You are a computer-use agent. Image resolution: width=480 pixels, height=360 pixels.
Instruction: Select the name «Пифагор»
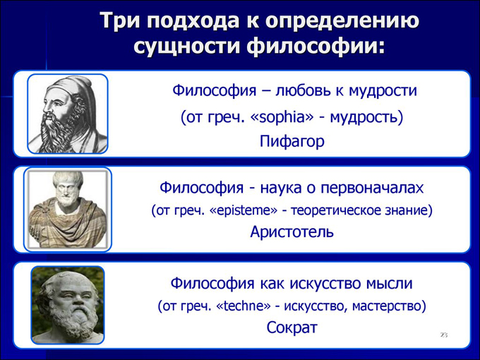(x=292, y=141)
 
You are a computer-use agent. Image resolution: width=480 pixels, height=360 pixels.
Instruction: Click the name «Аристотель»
(x=292, y=232)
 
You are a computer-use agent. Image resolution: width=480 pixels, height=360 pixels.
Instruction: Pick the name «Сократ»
(x=292, y=328)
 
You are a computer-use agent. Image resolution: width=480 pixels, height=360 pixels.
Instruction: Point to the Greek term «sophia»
(x=287, y=117)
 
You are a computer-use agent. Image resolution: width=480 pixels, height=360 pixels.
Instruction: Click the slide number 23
(x=444, y=335)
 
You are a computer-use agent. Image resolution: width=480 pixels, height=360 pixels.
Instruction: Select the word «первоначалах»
(x=372, y=188)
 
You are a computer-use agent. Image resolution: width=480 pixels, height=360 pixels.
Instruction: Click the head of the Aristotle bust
(x=67, y=187)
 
